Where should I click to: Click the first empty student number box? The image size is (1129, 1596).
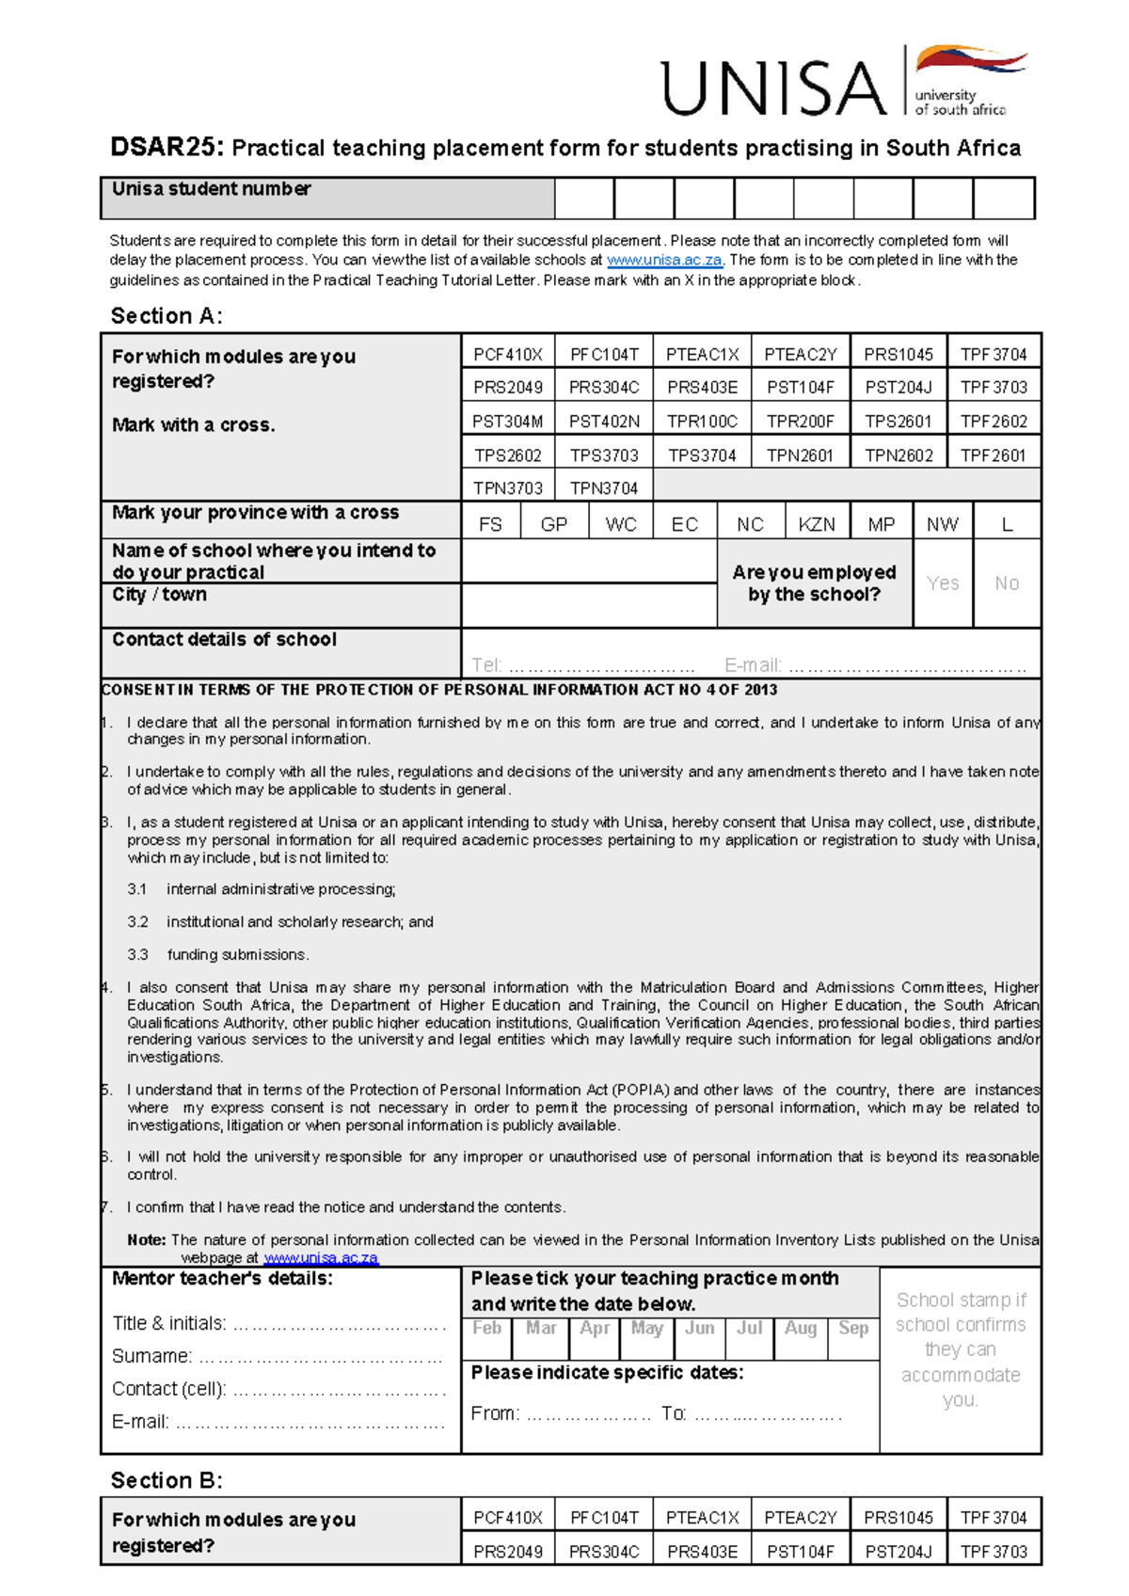tap(584, 199)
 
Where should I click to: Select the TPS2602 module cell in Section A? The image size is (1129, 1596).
tap(508, 455)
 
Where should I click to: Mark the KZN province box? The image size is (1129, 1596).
tap(816, 524)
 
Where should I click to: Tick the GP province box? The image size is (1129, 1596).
tap(554, 524)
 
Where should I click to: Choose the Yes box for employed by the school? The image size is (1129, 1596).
tap(943, 583)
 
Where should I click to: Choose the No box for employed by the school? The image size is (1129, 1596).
tap(1007, 583)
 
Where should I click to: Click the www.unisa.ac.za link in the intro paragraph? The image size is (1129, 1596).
tap(664, 261)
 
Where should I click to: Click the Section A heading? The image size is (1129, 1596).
tap(167, 316)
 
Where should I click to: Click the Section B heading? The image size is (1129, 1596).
tap(167, 1480)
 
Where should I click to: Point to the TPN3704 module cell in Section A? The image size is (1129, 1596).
tap(603, 488)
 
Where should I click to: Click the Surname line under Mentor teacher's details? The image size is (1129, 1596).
tap(320, 1357)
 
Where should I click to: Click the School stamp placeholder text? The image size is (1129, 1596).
tap(960, 1349)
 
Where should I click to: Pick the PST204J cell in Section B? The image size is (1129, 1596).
tap(898, 1552)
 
